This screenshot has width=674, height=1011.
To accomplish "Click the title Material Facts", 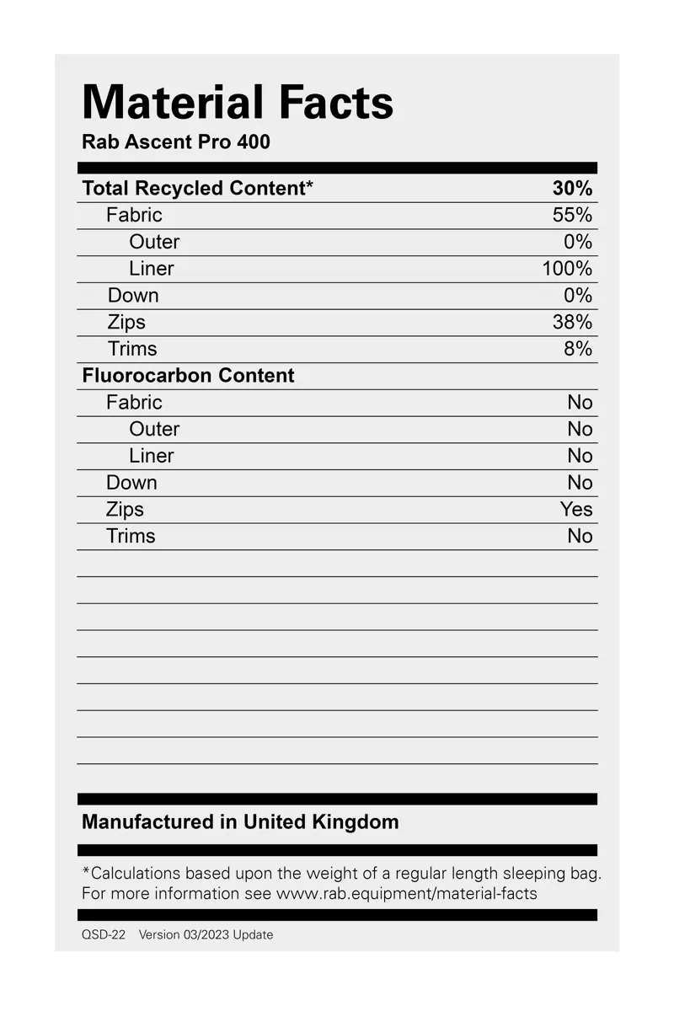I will coord(238,103).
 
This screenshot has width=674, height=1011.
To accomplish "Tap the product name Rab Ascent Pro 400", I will coord(176,142).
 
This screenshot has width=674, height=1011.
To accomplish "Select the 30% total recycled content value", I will coord(572,189).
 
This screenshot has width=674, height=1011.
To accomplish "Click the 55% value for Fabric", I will coord(572,215).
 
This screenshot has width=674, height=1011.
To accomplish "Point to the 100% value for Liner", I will coord(567,269).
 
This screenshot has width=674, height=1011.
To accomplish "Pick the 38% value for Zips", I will coord(572,322).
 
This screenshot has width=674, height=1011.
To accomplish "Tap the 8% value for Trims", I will coord(578,349).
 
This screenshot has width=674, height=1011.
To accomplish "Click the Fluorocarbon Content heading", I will coord(188,376).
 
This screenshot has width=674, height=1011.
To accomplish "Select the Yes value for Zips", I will coord(576,510).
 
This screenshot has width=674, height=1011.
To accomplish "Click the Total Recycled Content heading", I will coord(197,189).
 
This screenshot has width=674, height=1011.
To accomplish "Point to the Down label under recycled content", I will coord(133,296).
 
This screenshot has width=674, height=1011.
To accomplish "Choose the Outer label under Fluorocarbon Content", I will coord(154,430).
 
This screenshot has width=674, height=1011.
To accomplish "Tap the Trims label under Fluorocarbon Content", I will coord(131,537).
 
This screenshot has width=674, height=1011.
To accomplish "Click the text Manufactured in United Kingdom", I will coord(240,822).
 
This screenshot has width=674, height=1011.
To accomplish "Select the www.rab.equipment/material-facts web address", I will coord(406,894).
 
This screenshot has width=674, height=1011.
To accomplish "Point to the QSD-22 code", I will coord(104,935).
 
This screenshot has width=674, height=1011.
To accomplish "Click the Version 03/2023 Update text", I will coord(206,935).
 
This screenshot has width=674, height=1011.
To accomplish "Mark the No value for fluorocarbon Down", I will coord(580,483).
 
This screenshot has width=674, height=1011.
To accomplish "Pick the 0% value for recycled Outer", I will coord(578,242).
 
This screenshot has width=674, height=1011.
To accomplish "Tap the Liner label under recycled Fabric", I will coord(152,269).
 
